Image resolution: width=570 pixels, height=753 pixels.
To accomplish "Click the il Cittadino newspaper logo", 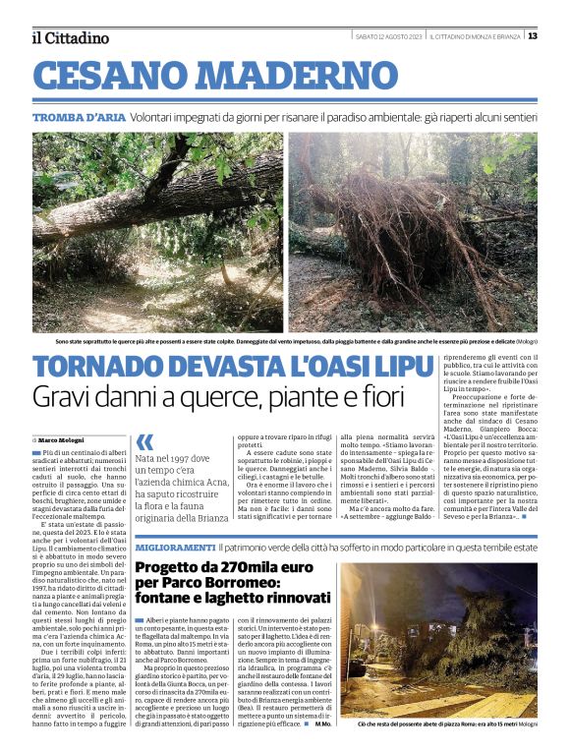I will (x=70, y=37).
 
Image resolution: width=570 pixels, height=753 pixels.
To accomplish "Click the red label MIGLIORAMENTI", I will (x=174, y=546).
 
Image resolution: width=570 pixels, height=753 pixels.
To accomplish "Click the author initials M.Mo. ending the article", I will (x=323, y=724).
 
